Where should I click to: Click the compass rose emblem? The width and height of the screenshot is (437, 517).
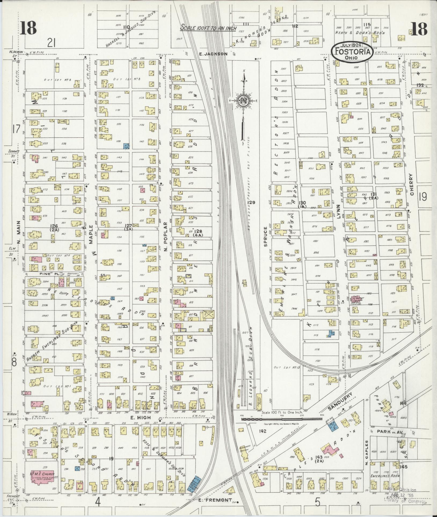point(243,101)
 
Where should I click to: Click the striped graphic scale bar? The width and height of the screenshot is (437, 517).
point(282,419)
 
